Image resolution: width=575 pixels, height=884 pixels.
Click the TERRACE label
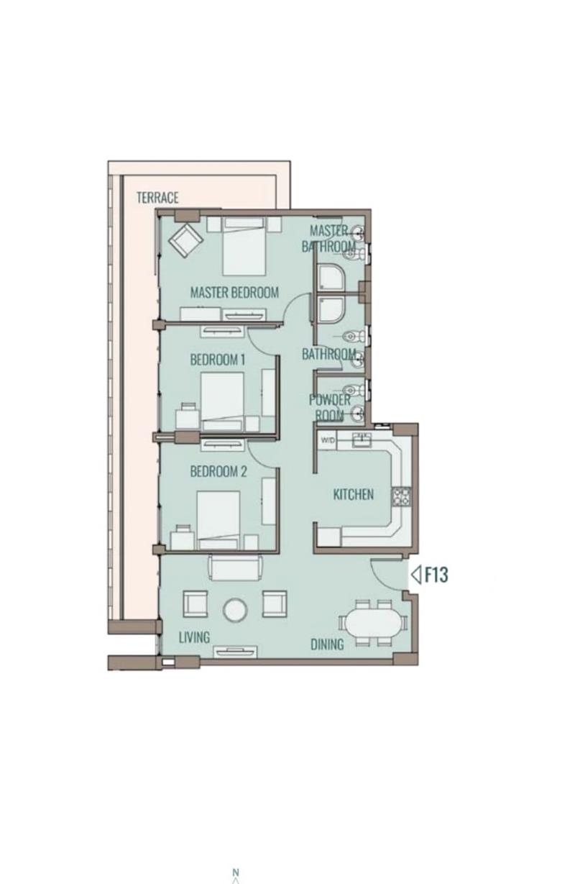[x=157, y=197]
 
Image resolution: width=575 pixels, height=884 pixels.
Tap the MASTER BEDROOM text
[x=234, y=293]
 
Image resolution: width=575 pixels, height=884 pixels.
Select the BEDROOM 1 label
[x=217, y=360]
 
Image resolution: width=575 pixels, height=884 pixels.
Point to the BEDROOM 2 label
[x=218, y=471]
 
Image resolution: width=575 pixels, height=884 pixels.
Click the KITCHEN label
[x=354, y=494]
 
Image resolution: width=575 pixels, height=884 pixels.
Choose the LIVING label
[x=194, y=637]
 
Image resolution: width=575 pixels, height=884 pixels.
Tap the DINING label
[x=327, y=644]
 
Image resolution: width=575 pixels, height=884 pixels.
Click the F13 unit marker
[x=430, y=575]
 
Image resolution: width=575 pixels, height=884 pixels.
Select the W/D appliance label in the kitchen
[x=327, y=439]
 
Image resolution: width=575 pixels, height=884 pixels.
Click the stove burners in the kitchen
[x=400, y=497]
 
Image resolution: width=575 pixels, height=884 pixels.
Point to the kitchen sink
[x=362, y=439]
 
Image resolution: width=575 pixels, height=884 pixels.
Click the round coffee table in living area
[x=235, y=610]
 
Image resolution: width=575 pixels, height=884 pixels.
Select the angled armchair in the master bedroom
[x=185, y=240]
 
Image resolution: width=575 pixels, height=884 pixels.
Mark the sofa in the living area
[x=235, y=567]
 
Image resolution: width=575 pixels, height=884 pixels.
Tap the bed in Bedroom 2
[x=218, y=520]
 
